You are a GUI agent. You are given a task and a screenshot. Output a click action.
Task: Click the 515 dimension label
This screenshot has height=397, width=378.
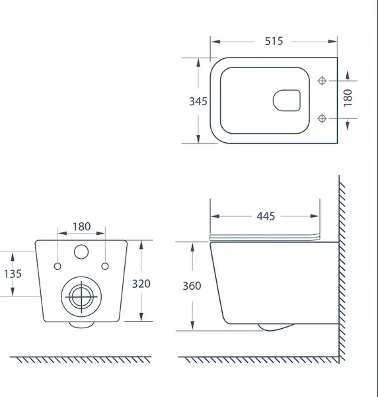pos(274,41)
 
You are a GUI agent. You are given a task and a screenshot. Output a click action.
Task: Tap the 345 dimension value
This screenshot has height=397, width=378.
pos(198,101)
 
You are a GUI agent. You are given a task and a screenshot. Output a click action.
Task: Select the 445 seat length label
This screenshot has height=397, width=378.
pos(266,216)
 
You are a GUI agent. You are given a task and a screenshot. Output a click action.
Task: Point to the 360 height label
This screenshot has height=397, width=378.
pos(192,286)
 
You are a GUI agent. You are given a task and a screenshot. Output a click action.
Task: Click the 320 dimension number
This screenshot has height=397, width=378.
pos(141,284)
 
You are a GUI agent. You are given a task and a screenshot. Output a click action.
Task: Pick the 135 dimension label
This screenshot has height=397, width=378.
pos(13,274)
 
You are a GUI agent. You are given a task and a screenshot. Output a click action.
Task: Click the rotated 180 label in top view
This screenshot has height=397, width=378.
pos(348,98)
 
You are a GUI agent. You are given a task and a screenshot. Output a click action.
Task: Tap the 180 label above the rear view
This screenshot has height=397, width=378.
pos(81,226)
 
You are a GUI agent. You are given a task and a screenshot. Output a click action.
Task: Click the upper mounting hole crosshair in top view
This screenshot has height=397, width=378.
pos(322,81)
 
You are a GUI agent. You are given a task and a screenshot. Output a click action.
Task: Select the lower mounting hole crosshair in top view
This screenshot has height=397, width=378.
pos(322,118)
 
